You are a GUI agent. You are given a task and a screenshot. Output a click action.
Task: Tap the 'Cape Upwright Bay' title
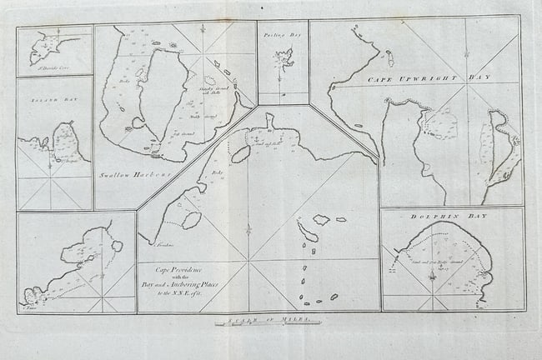pos(429,76)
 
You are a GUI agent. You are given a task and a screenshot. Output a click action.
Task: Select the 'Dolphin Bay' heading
pos(451,216)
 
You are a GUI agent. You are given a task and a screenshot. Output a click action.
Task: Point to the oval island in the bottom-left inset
pos(118,246)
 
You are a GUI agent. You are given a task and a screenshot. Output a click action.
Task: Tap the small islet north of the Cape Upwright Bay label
pos(389,58)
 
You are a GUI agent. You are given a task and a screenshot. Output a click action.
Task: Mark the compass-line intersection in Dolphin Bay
pos(433,274)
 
